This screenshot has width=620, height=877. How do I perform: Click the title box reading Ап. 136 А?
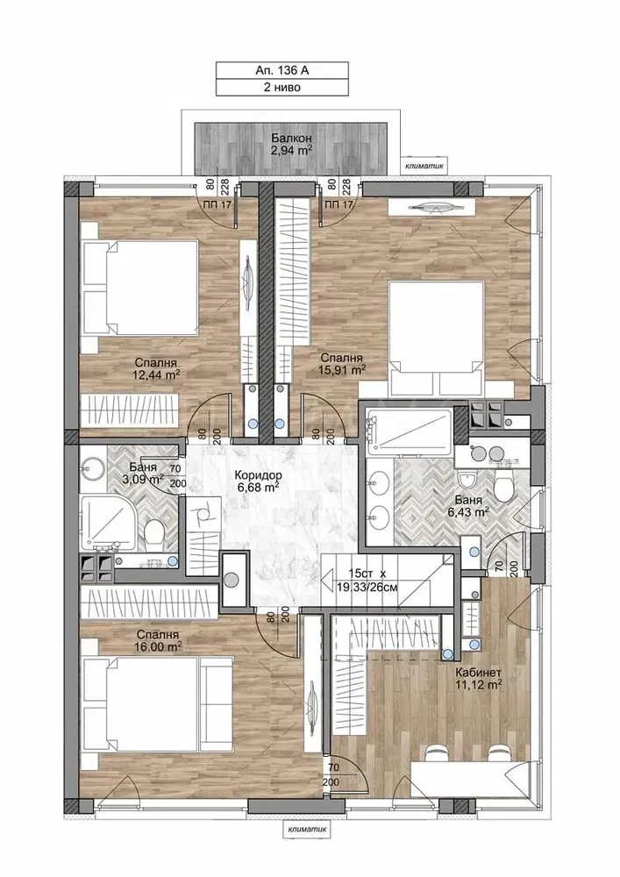click(281, 70)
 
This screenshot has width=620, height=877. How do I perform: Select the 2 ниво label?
click(281, 87)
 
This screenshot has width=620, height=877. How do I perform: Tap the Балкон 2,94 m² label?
click(291, 143)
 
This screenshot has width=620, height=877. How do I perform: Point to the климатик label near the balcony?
click(428, 165)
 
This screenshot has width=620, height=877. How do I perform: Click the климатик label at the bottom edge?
click(307, 830)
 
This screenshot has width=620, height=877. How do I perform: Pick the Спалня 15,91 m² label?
click(341, 364)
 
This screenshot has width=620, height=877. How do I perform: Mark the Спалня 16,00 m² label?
click(158, 640)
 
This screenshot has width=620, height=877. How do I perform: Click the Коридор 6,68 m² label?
click(257, 481)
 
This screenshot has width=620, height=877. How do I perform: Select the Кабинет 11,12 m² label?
click(478, 678)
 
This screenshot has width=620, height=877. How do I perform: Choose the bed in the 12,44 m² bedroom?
click(139, 288)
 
